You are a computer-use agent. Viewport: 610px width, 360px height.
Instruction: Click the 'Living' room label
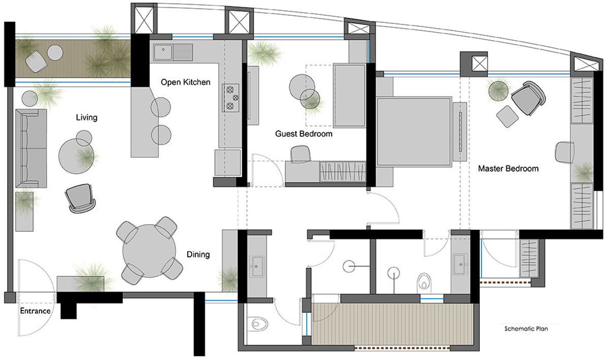[x=86, y=118]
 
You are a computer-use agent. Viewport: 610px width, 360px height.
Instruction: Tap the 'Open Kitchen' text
[x=186, y=82]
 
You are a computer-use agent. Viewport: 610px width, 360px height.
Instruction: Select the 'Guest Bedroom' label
[x=304, y=134]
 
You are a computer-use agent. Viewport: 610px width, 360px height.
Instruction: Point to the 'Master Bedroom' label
[x=508, y=168]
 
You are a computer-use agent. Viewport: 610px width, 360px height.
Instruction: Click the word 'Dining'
[x=198, y=254]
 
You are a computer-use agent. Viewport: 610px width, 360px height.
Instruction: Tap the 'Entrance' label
[x=35, y=311]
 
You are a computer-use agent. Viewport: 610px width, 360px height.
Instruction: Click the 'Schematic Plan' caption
[x=526, y=328]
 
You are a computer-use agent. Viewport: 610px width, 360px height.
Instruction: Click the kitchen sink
[x=173, y=51]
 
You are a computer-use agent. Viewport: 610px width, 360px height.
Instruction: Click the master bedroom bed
[x=414, y=131]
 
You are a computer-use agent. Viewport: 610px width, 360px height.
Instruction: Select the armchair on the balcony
[x=37, y=61]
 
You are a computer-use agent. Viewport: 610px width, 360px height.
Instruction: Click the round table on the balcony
[x=55, y=52]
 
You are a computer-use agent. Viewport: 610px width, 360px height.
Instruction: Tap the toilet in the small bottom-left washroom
[x=259, y=323]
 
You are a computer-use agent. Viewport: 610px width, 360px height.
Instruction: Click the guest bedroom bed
[x=349, y=96]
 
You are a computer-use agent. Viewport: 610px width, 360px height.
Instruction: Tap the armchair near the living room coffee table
[x=80, y=197]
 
